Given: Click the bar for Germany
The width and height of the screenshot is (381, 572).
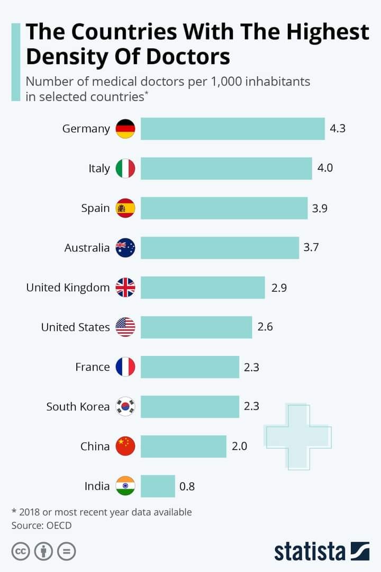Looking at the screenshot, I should click(x=232, y=129).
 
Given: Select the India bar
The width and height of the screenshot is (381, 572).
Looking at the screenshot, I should click(x=158, y=486).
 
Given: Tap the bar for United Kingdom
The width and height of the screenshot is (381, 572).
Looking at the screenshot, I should click(x=203, y=288).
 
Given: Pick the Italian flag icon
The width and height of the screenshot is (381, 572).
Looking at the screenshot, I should click(x=125, y=168).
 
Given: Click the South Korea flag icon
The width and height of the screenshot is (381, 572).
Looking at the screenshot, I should click(x=125, y=407).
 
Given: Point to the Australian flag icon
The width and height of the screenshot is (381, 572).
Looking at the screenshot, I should click(x=125, y=248).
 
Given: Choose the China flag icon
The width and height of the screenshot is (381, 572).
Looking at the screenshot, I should click(x=125, y=446).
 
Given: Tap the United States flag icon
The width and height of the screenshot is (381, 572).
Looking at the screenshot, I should click(x=125, y=327).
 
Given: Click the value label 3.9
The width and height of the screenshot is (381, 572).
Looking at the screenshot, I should click(x=320, y=208).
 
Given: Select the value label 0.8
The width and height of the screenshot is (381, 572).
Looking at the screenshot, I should click(x=187, y=486).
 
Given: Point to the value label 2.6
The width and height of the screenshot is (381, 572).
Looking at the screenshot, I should click(x=265, y=327).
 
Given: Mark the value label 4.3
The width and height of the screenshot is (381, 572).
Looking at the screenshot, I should click(x=338, y=129).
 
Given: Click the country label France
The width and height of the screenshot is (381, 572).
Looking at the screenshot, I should click(x=92, y=367).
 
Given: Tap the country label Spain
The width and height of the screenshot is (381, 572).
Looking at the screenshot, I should click(x=95, y=208).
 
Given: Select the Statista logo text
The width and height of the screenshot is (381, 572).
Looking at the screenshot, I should click(x=310, y=551).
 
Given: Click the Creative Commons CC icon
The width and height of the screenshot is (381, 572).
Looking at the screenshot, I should click(x=21, y=551).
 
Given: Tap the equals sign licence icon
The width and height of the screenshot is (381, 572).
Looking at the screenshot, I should click(x=66, y=551).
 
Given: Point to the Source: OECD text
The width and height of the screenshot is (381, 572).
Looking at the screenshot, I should click(x=41, y=525).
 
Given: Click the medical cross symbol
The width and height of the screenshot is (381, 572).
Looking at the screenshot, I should click(x=298, y=436).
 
